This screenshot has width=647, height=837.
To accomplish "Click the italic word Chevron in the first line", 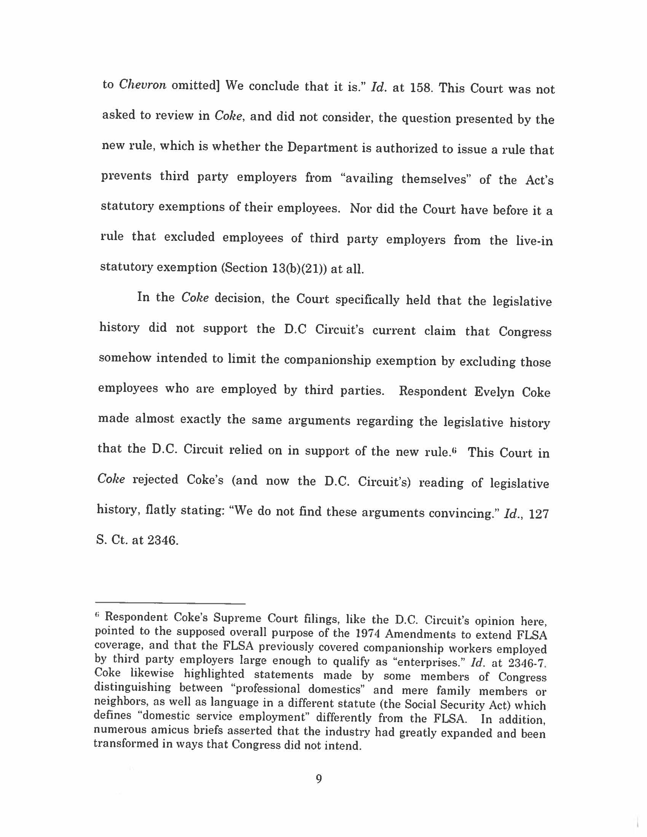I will click(142, 85).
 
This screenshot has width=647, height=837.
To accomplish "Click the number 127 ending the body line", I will click(539, 514).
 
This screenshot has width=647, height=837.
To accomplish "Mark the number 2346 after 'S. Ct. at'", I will click(163, 540).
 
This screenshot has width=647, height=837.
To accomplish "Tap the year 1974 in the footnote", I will click(368, 633).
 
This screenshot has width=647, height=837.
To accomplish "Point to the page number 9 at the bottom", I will click(319, 779).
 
